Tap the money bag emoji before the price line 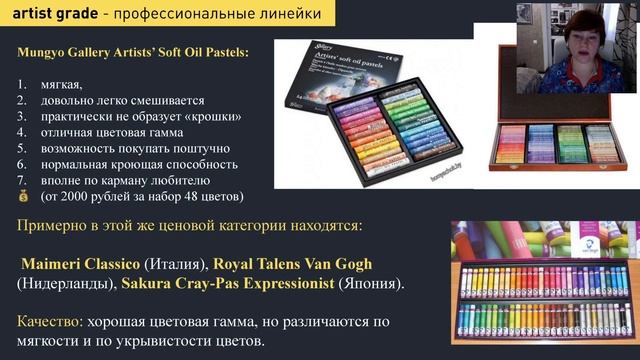click(x=24, y=196)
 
